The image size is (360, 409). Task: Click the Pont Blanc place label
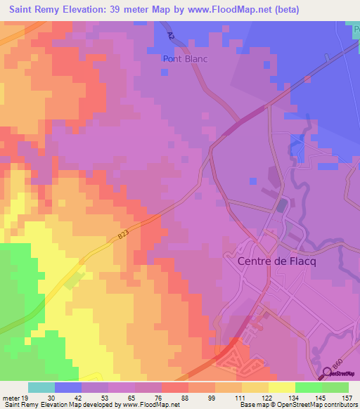185,59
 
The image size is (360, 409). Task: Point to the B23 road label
124,238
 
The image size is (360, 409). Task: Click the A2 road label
171,35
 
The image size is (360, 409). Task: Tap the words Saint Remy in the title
36,10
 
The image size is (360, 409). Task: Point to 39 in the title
125,10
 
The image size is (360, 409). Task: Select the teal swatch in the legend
41,387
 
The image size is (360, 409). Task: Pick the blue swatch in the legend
68,387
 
